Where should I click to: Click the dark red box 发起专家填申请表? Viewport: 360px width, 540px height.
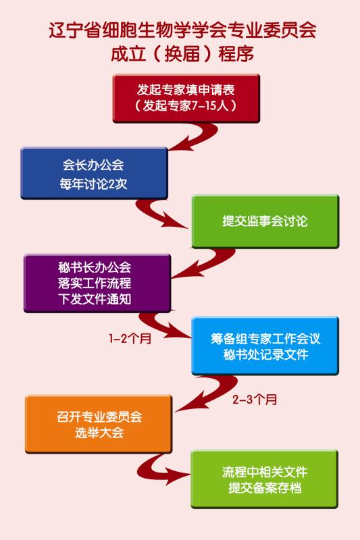pyautogui.click(x=186, y=98)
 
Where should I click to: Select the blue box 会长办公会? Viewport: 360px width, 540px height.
pyautogui.click(x=94, y=173)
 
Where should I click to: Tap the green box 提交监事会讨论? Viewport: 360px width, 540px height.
pyautogui.click(x=265, y=221)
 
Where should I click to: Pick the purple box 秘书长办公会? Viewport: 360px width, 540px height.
pyautogui.click(x=97, y=283)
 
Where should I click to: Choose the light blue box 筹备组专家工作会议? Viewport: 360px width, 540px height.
pyautogui.click(x=265, y=346)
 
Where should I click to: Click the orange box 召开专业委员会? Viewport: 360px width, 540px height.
pyautogui.click(x=99, y=424)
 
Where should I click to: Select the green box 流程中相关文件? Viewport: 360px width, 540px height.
pyautogui.click(x=264, y=479)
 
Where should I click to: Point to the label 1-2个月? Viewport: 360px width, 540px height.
pyautogui.click(x=130, y=339)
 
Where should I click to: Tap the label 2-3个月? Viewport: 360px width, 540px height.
pyautogui.click(x=255, y=400)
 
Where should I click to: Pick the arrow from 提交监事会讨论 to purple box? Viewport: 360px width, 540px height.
pyautogui.click(x=213, y=262)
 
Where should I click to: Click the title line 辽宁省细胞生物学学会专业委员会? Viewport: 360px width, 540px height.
pyautogui.click(x=182, y=30)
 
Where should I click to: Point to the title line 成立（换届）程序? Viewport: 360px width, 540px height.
pyautogui.click(x=182, y=54)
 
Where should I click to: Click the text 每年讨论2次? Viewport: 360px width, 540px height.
pyautogui.click(x=93, y=184)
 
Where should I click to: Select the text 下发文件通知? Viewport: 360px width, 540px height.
pyautogui.click(x=95, y=299)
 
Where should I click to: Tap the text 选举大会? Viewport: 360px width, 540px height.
pyautogui.click(x=99, y=433)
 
